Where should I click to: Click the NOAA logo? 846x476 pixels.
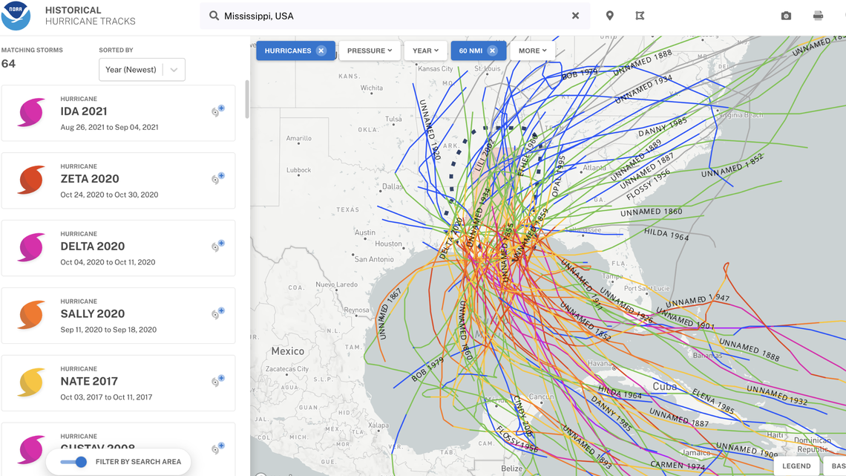pos(16,16)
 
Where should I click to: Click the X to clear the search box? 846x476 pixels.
pos(575,16)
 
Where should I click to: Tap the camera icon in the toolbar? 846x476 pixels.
pos(786,16)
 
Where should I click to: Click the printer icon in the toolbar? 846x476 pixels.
pos(818,16)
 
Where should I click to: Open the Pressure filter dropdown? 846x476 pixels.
pos(369,50)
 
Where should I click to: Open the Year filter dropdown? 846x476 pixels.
pos(425,50)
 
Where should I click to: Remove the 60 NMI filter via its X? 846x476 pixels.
pos(492,50)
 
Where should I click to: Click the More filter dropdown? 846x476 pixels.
pos(532,50)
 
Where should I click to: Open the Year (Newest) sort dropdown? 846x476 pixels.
pos(142,70)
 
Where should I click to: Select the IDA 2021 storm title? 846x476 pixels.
pos(84,111)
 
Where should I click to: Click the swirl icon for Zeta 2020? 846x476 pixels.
pos(31,180)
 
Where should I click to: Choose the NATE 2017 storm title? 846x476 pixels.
pos(89,382)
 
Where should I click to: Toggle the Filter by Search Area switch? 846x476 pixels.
pos(74,462)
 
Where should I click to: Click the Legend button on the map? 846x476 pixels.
pos(796,466)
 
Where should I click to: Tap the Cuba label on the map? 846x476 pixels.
pos(664,386)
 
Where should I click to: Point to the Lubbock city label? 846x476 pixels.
pos(298,170)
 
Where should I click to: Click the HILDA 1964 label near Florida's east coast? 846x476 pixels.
pos(666,234)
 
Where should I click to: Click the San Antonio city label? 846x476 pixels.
pos(373,259)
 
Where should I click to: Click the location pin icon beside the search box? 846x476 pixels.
pos(609,16)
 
